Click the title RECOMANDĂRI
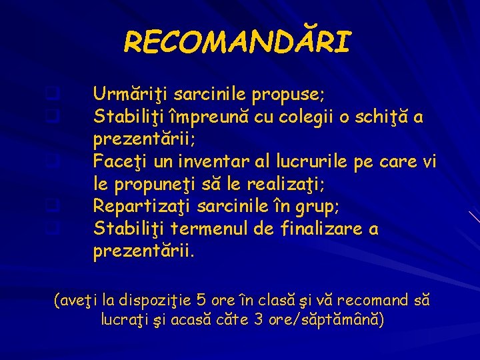tap(237, 43)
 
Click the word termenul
tap(210, 229)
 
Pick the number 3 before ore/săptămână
tap(259, 319)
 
